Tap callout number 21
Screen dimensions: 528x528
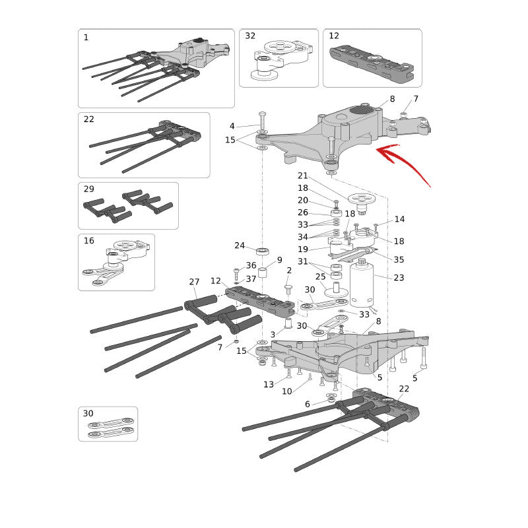coord(303,176)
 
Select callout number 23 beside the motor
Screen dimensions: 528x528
coord(399,277)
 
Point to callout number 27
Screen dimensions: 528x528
coord(194,282)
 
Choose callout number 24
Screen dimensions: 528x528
coord(240,246)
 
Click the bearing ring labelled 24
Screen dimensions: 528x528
coord(262,251)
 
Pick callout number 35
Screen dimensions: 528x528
coord(399,259)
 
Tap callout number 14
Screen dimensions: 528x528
coord(399,219)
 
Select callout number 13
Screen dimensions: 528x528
coord(269,384)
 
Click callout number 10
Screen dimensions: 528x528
coord(287,391)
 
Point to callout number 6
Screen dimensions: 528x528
coord(307,404)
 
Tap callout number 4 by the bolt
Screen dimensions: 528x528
coord(232,126)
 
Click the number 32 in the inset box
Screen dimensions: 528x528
coord(250,36)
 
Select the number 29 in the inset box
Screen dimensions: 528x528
coord(89,189)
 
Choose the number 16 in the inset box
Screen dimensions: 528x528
coord(89,240)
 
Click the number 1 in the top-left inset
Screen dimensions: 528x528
coord(86,37)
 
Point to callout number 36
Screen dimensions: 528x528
coord(251,265)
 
